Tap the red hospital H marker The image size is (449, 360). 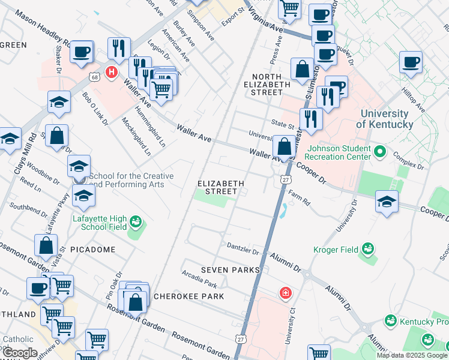coord(111,73)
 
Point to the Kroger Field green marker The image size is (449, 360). coord(367,249)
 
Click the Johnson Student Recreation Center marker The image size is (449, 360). coord(379,151)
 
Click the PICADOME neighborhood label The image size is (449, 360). coord(92,248)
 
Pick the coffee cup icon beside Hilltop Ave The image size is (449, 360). coord(411,61)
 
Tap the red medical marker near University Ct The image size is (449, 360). coord(286,293)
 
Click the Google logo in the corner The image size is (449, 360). coord(20,353)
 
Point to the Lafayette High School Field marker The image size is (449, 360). coord(136,223)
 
